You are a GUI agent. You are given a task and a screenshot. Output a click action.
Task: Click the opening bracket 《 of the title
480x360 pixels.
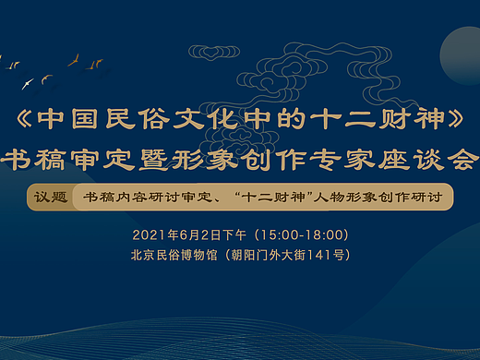coord(28,121)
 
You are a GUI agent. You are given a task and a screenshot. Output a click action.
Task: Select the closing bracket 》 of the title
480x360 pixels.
coord(451,121)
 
